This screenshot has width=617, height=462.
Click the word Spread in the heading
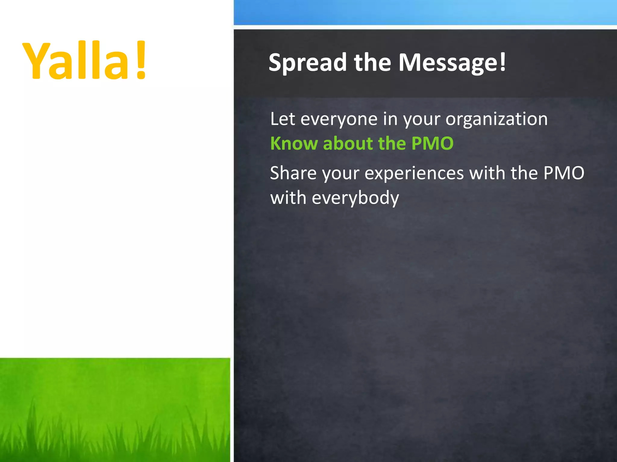pyautogui.click(x=308, y=63)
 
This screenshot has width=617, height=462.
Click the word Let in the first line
pyautogui.click(x=282, y=119)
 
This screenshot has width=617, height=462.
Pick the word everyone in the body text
pyautogui.click(x=339, y=119)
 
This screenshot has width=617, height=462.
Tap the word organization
pyautogui.click(x=496, y=119)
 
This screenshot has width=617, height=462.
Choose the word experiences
pyautogui.click(x=414, y=174)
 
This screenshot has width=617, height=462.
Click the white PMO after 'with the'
pyautogui.click(x=564, y=173)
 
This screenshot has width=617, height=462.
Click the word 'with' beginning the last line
pyautogui.click(x=288, y=198)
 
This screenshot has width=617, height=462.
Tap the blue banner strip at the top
pyautogui.click(x=425, y=12)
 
